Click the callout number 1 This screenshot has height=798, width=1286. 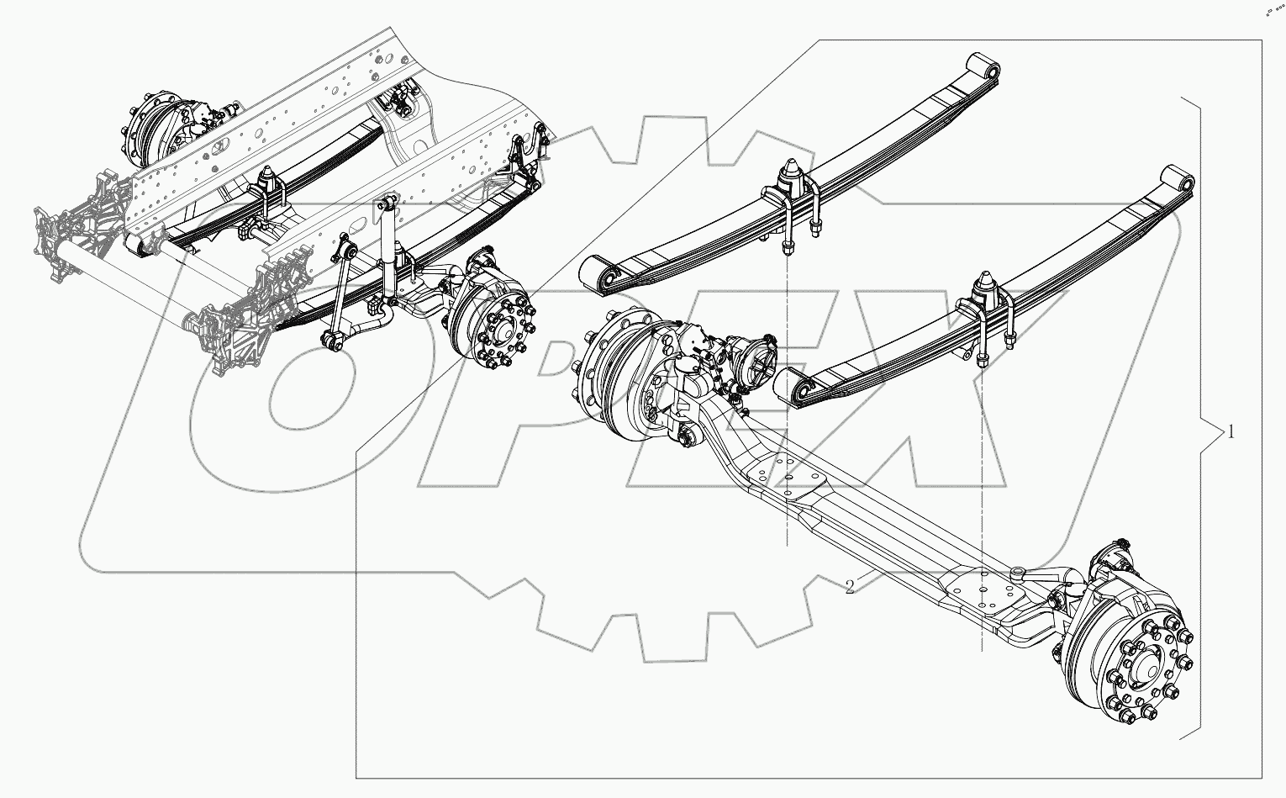(1231, 432)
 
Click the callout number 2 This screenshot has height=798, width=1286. (850, 587)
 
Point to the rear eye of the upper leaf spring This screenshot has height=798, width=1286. (981, 66)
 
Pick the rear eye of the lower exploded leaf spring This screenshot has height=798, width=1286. (1176, 181)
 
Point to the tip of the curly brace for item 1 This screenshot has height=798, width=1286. (1216, 432)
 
